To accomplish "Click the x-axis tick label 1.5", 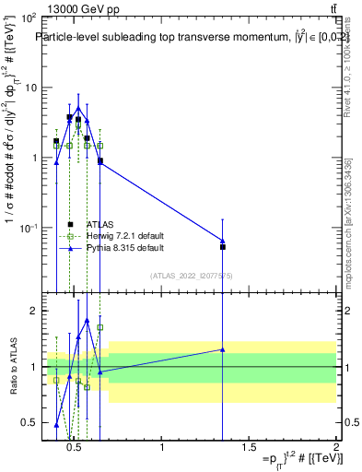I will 249,448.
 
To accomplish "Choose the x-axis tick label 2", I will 335,448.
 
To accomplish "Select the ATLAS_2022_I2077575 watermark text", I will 191,276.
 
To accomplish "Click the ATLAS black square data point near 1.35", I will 223,247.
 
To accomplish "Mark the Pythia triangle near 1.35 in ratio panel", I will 223,349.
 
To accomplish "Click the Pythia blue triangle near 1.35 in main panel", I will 223,241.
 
